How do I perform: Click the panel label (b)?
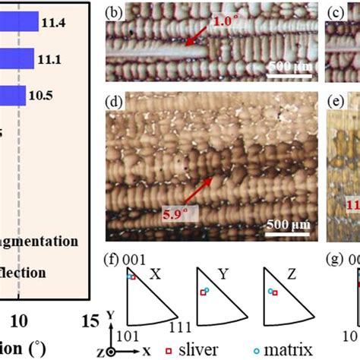click(116, 13)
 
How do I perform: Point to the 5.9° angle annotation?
click(175, 215)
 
